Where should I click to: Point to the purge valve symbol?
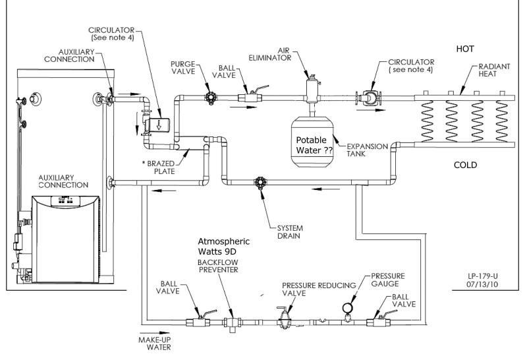(211, 98)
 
